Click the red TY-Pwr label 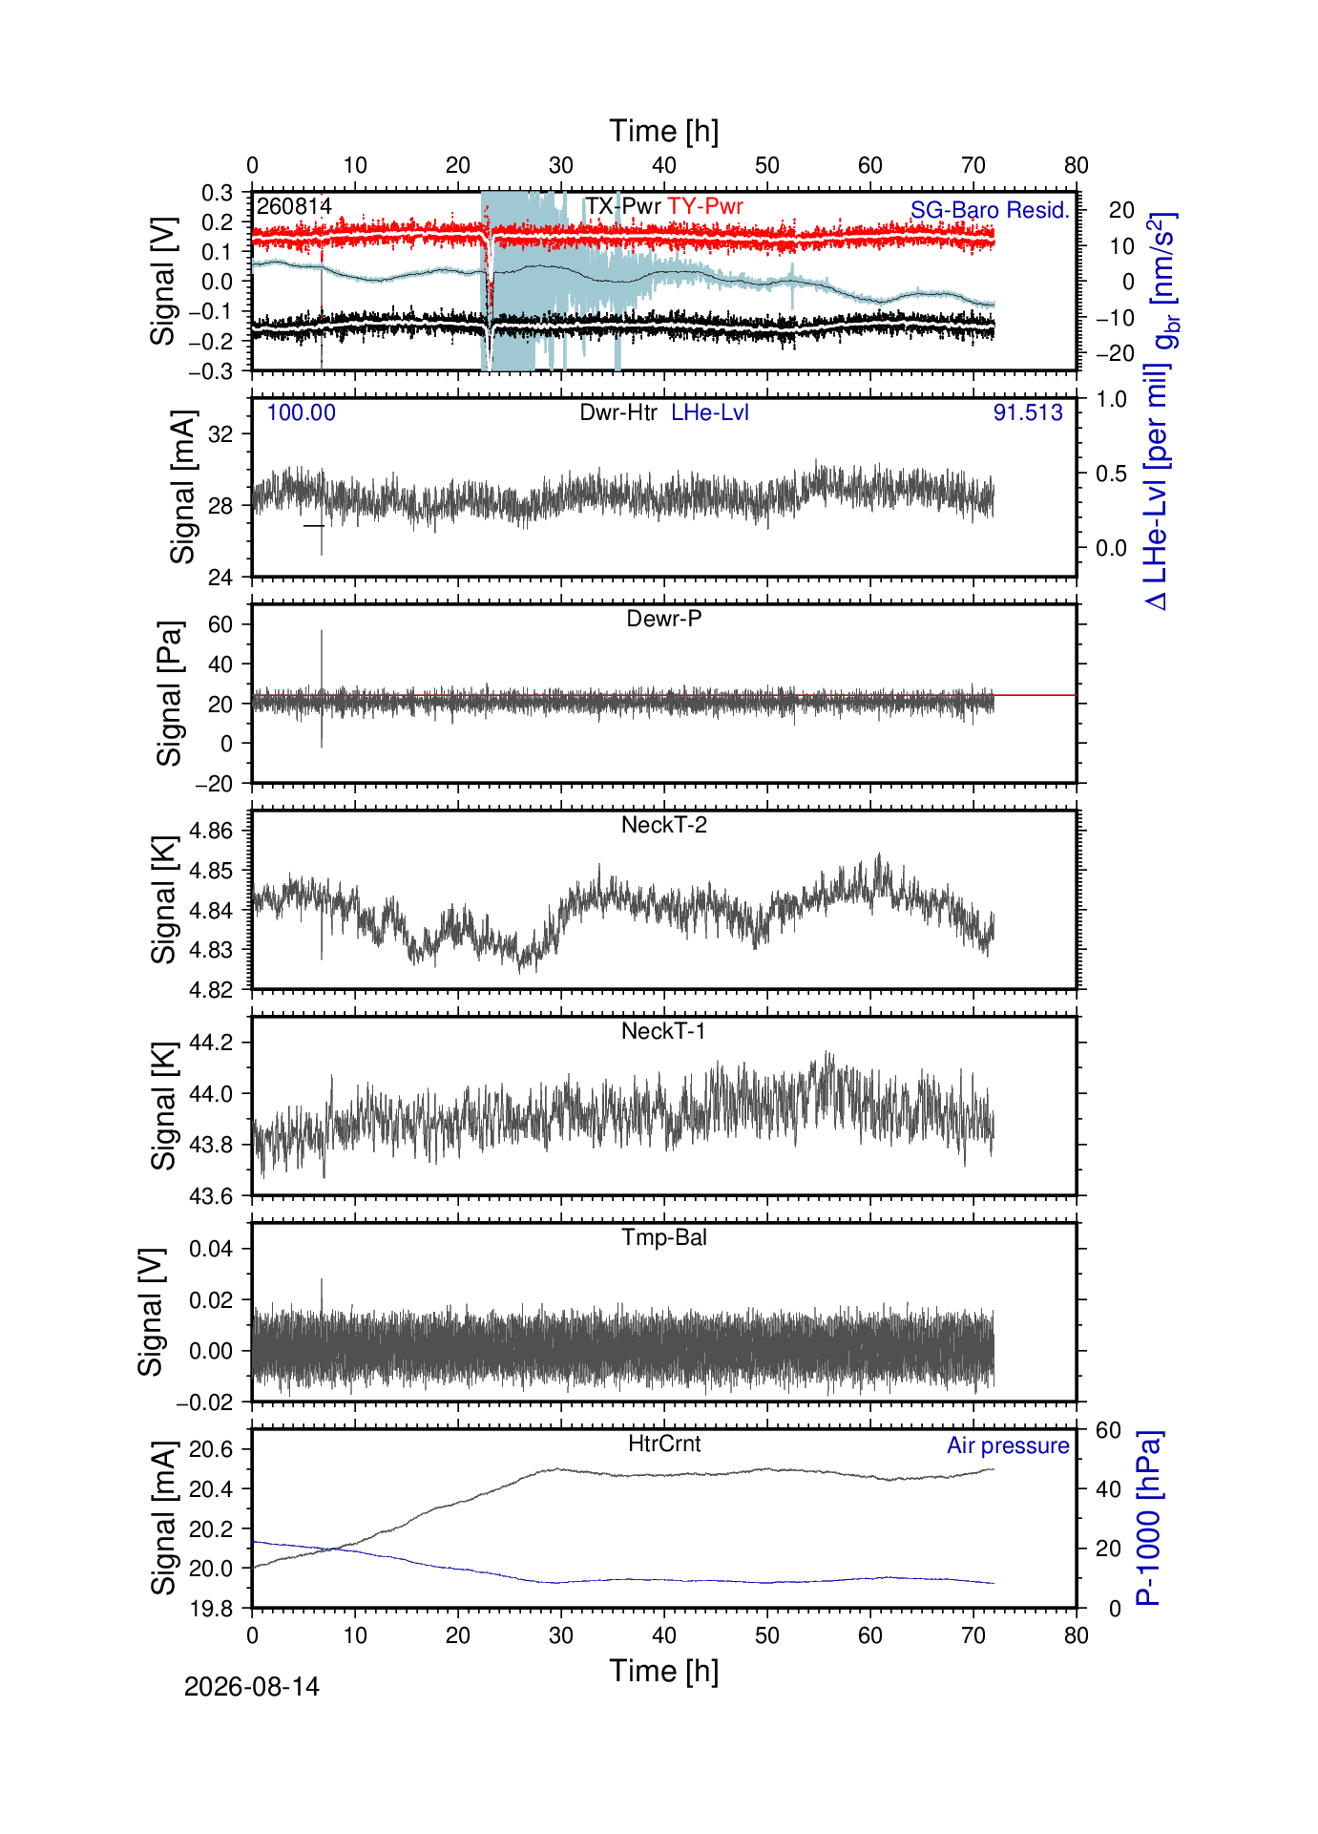coord(705,206)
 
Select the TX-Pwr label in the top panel coord(623,206)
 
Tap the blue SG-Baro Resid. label coord(990,210)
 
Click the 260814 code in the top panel coord(294,206)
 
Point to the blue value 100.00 coord(302,412)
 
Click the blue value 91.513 coord(1028,412)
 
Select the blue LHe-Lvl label coord(710,412)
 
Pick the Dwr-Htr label coord(618,412)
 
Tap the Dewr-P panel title coord(664,619)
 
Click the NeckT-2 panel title coord(664,825)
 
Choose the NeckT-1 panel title coord(664,1031)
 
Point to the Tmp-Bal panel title coord(664,1237)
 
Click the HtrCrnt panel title coord(664,1444)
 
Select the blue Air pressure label coord(1008,1445)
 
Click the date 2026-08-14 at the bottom coord(252,1687)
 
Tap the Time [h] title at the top coord(664,132)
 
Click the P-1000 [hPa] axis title coord(1149,1518)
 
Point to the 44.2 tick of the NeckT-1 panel coord(212,1043)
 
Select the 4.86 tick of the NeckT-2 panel coord(212,831)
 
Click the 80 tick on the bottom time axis coord(1077,1635)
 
